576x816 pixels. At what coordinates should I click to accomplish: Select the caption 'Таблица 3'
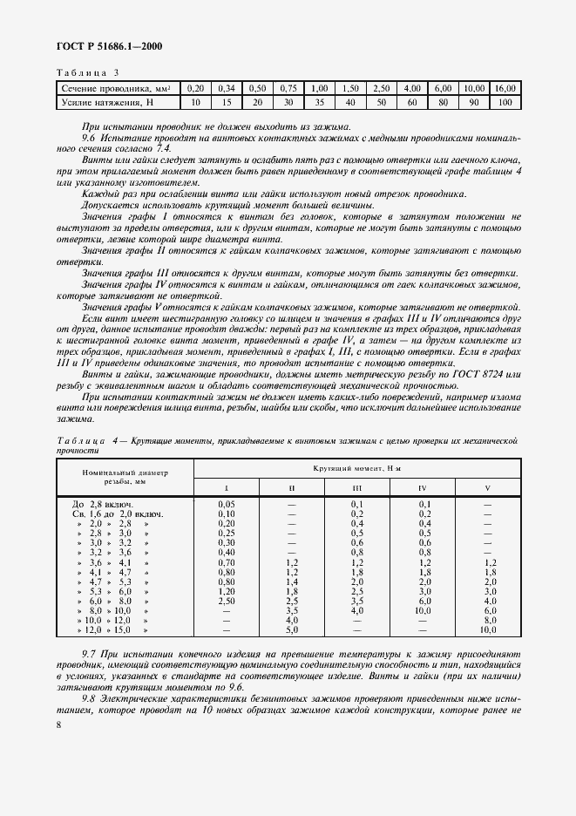coord(87,72)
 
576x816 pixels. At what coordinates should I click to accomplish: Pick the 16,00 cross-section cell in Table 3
coord(504,89)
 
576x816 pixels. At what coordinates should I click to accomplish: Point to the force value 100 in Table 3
coord(504,103)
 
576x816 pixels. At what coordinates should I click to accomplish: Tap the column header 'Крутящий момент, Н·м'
coord(358,470)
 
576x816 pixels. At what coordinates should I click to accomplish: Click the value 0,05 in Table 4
coord(227,505)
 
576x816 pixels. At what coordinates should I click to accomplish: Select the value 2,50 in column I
coord(227,601)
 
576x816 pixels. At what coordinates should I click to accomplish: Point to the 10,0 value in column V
coord(487,629)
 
